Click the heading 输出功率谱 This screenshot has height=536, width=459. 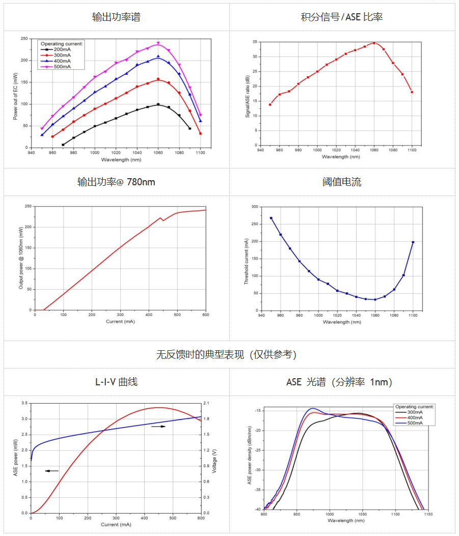pos(116,17)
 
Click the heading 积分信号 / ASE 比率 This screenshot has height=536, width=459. pos(342,17)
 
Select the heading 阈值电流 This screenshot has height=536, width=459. pos(342,182)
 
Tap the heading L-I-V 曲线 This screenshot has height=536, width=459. pos(116,382)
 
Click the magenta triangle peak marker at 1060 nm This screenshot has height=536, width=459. pos(158,43)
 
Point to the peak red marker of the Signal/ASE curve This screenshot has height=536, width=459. pos(374,43)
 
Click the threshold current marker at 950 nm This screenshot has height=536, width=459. pos(271,218)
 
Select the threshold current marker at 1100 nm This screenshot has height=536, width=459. pos(413,242)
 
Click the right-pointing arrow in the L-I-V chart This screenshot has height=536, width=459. pos(159,427)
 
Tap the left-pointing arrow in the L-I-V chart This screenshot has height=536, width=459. pos(51,471)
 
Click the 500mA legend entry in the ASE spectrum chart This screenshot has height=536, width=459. pos(415,422)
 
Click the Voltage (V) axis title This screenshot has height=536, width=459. pos(214,458)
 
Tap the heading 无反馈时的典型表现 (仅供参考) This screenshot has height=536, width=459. pos(227,355)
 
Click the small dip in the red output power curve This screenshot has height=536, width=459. pos(163,220)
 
